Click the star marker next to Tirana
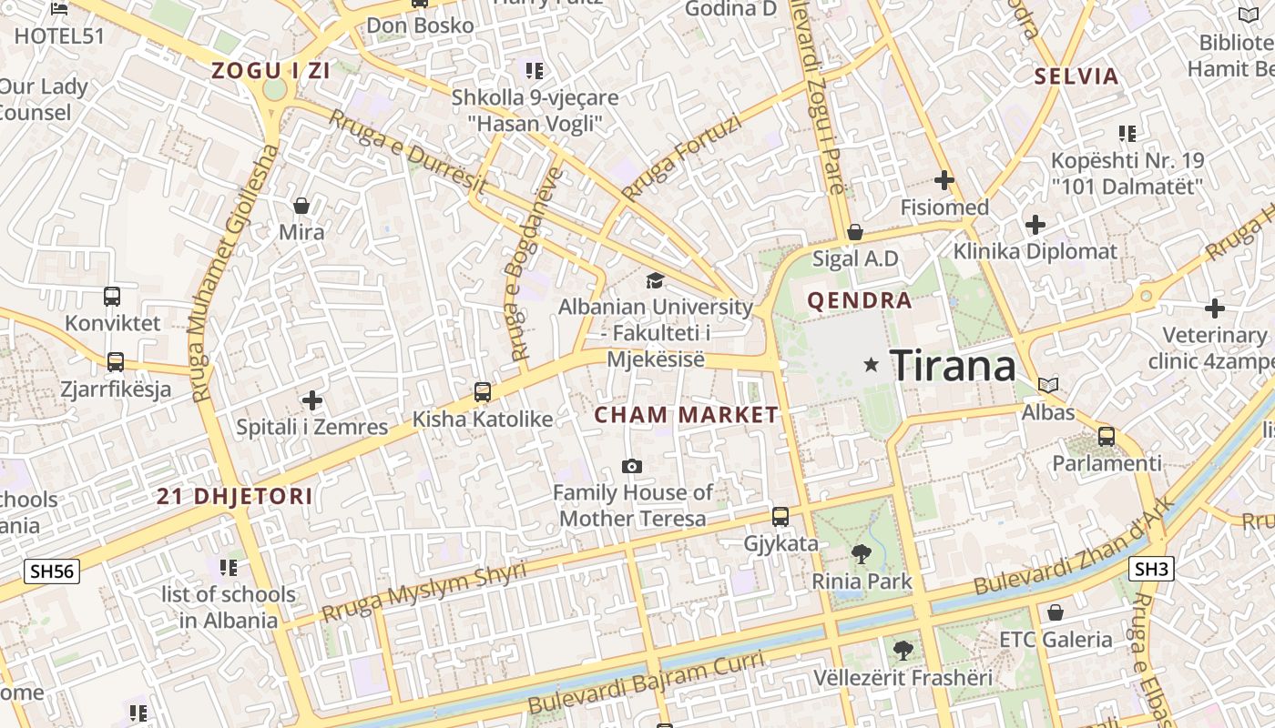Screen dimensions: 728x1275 coord(871,365)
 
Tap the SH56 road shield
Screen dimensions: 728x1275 coord(52,571)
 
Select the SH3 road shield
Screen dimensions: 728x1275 coord(1151,570)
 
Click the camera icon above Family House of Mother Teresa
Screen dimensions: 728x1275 coord(632,467)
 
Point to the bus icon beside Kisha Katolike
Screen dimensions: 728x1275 coord(483,392)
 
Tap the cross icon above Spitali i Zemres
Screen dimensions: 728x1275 coord(312,399)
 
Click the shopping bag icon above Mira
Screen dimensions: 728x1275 coord(301,206)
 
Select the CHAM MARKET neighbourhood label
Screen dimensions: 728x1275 coord(687,415)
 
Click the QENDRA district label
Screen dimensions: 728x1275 coord(860,300)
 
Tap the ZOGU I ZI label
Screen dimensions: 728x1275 coord(270,70)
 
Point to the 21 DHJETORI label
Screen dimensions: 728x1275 coord(235,497)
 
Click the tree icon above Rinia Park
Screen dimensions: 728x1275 coord(861,553)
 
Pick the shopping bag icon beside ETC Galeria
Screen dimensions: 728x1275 coord(1056,612)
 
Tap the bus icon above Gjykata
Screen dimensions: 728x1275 coord(780,517)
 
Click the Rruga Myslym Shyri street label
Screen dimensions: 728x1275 coord(424,591)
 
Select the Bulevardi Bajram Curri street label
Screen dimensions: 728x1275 coord(646,683)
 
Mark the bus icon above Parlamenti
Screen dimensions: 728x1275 coord(1107,436)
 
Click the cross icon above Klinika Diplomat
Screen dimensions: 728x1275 coord(1035,224)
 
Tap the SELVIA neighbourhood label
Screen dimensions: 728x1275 coord(1076,76)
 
